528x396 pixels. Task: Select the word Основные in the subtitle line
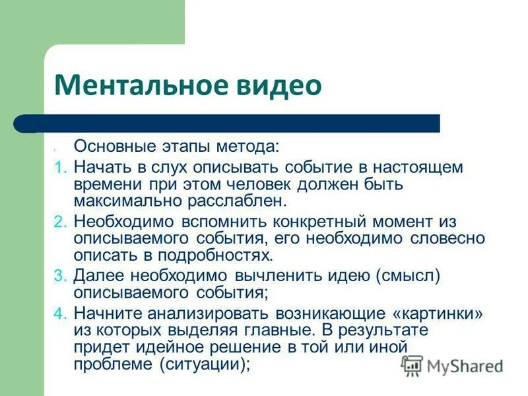pyautogui.click(x=114, y=145)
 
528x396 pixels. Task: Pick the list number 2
pyautogui.click(x=59, y=222)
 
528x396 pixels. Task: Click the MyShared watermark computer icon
pyautogui.click(x=412, y=365)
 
